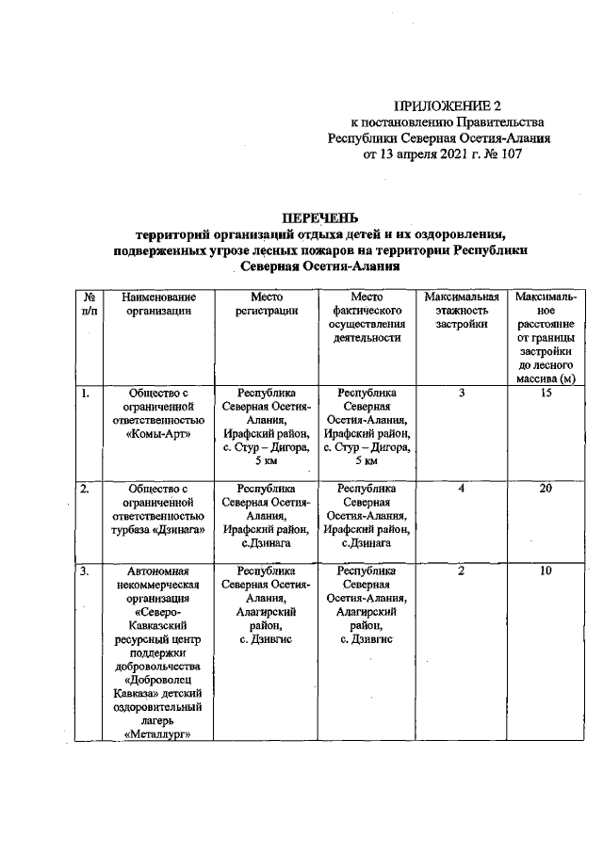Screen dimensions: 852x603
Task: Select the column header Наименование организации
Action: pos(152,305)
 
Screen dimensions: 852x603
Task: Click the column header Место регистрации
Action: pos(267,305)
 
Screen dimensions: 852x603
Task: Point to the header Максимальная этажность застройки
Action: pos(462,311)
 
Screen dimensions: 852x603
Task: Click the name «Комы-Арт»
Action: pos(152,434)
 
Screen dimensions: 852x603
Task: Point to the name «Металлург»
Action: pos(152,736)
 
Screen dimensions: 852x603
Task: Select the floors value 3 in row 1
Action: pos(462,394)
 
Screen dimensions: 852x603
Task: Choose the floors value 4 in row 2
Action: pos(462,490)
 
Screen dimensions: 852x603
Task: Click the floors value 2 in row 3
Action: pos(462,571)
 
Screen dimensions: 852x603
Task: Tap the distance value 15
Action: pos(546,394)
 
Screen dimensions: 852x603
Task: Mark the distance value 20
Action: pos(546,490)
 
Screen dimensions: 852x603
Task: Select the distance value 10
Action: pos(546,571)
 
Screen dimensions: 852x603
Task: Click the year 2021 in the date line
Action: pos(455,155)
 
